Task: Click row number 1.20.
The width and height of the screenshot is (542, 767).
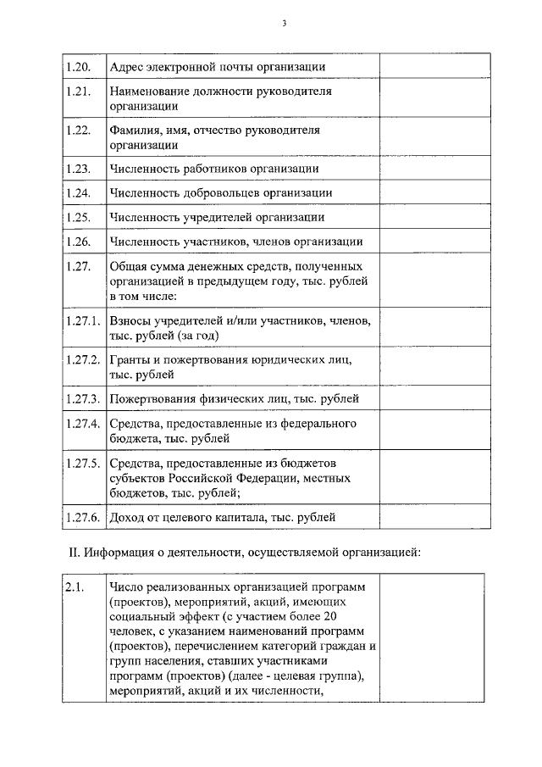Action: click(77, 66)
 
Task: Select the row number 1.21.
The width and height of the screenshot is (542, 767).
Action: click(77, 91)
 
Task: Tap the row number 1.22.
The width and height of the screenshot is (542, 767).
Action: click(77, 131)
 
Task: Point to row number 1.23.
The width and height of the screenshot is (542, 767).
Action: click(77, 169)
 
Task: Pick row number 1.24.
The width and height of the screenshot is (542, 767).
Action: click(77, 193)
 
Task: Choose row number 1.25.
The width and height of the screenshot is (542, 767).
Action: click(77, 218)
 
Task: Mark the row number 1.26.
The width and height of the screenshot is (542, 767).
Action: click(77, 242)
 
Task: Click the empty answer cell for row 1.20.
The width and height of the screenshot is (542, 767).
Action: click(431, 66)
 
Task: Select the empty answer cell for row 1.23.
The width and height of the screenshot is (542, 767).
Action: click(431, 169)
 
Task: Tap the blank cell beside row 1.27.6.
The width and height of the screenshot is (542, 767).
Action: click(431, 515)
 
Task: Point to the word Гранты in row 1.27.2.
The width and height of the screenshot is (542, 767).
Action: click(129, 359)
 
